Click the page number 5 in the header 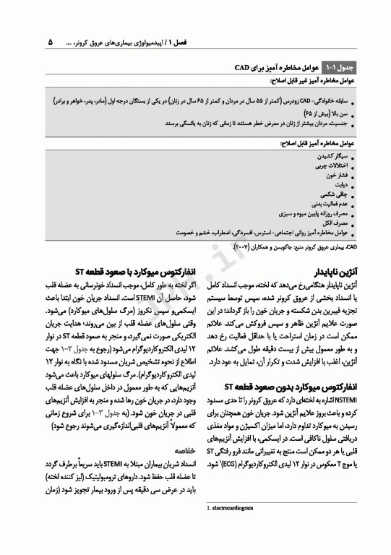point(51,42)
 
